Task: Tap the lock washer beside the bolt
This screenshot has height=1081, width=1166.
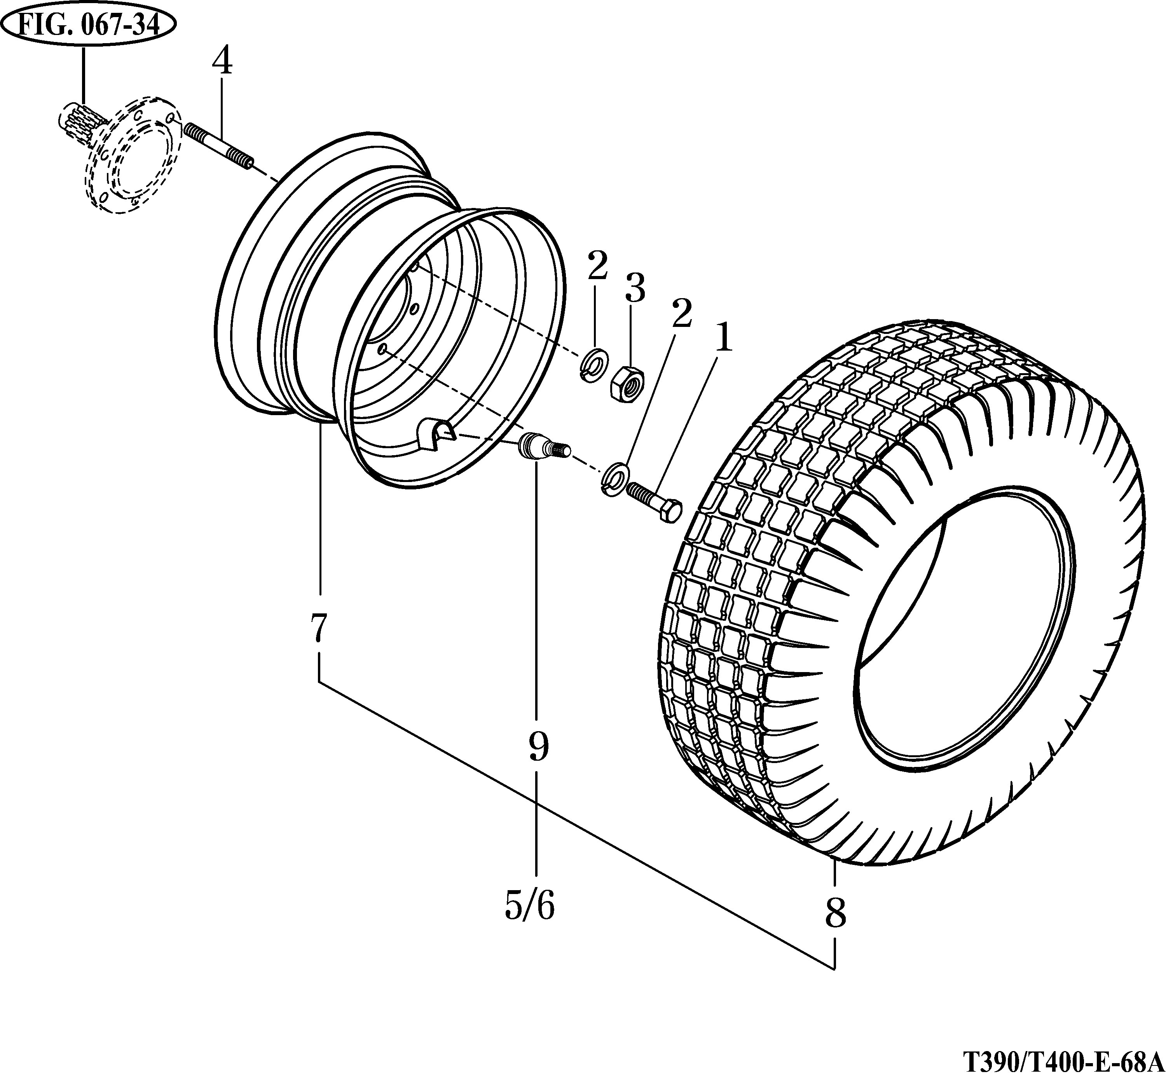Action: tap(614, 477)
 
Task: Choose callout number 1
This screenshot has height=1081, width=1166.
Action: tap(723, 338)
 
